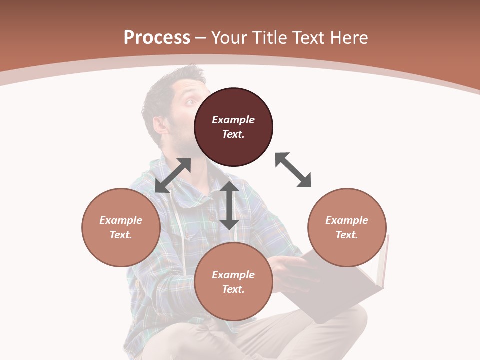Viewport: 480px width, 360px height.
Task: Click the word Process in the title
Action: pos(157,37)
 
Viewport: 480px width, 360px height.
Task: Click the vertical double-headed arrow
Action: pos(229,205)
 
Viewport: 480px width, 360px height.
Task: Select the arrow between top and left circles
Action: pos(173,175)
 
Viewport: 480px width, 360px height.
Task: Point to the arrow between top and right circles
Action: pos(293,170)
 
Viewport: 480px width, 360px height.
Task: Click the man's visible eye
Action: pos(191,103)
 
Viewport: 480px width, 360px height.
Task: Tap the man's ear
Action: pos(161,124)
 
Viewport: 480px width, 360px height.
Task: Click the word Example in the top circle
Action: pos(233,120)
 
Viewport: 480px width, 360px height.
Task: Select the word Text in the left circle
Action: pos(121,235)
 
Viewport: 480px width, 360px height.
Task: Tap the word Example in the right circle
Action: pos(347,220)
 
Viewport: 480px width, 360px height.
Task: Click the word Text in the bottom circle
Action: pos(233,289)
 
